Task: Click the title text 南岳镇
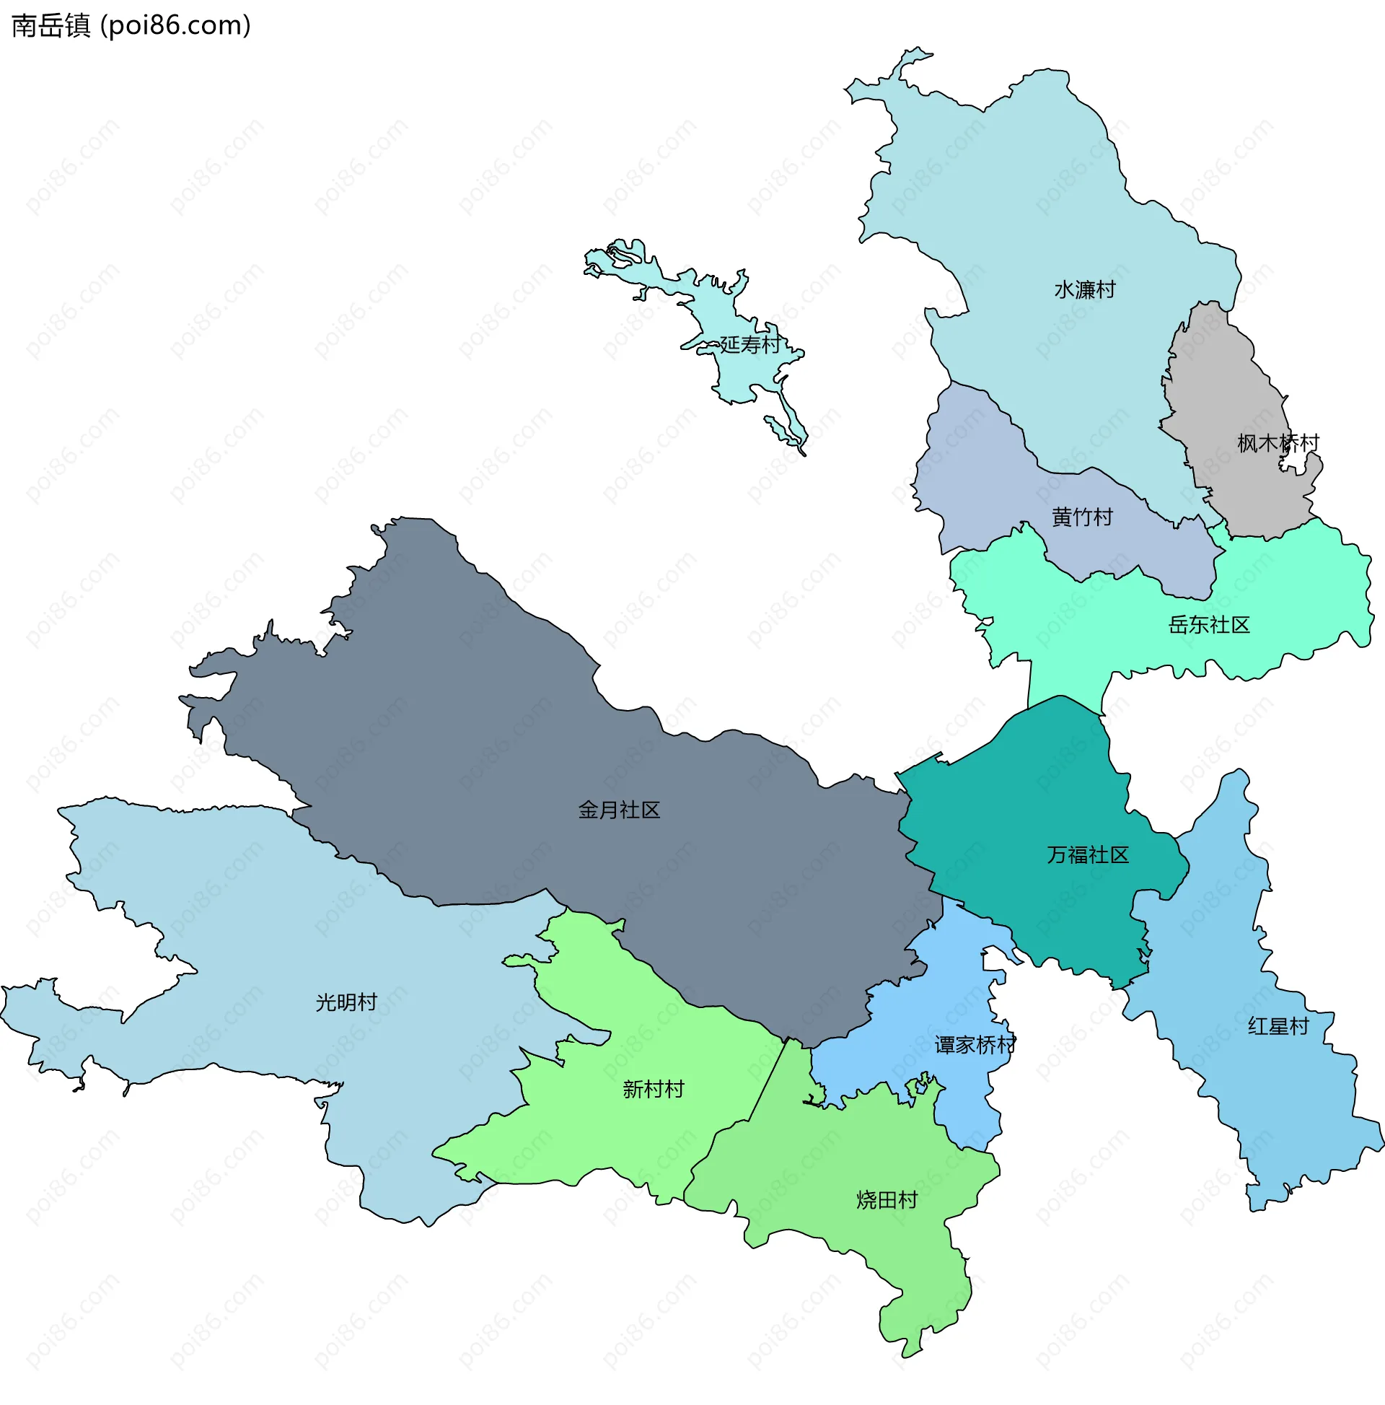51,25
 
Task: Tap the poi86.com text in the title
176,25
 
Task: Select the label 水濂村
1085,290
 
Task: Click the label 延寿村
749,345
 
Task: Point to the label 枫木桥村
1278,443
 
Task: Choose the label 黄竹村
1082,517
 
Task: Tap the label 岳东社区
1208,625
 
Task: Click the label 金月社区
619,810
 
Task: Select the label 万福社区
1088,854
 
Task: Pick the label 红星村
1278,1026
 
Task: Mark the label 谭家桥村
975,1045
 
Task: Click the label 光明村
346,1003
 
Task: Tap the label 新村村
653,1089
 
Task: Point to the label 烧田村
887,1199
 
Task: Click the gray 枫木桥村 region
1228,378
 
